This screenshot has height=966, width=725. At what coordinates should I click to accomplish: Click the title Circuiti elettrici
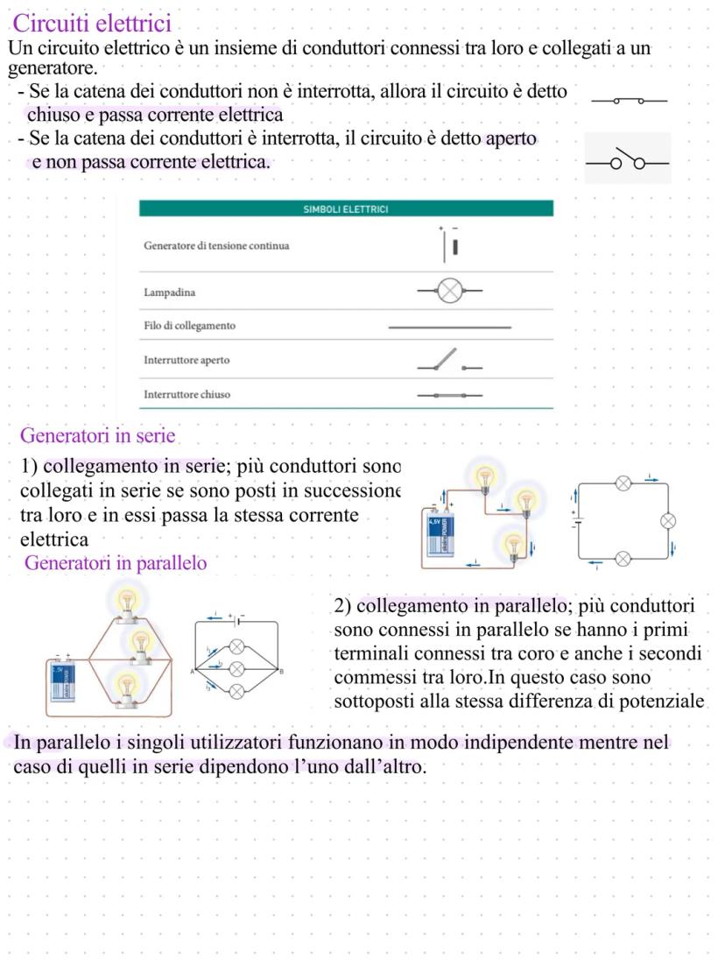tap(93, 22)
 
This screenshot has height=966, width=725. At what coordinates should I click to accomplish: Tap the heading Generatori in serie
tap(97, 435)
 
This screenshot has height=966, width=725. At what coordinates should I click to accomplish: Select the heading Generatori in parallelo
tap(116, 563)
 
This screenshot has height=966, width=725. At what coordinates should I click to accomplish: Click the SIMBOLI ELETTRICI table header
tap(346, 209)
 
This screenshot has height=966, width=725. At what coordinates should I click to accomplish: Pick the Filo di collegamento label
tap(189, 326)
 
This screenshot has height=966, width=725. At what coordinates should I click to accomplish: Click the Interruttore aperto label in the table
tap(187, 360)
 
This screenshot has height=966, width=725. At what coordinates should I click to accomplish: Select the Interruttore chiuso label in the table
tap(187, 394)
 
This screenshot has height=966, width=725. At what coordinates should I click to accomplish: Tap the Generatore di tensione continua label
tap(216, 245)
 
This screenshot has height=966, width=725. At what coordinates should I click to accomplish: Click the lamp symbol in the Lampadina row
tap(449, 292)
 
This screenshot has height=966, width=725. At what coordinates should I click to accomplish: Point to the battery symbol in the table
tap(451, 246)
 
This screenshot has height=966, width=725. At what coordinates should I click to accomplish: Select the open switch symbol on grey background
tap(627, 159)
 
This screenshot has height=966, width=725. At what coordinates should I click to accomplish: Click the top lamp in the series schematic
tap(624, 483)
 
